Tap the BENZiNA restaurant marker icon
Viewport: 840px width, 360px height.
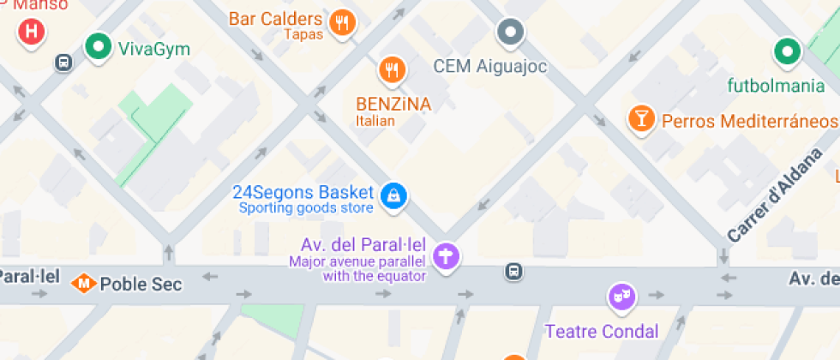pyautogui.click(x=392, y=69)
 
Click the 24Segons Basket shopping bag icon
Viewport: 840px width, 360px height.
pyautogui.click(x=393, y=195)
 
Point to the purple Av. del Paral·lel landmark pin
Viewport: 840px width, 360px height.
pyautogui.click(x=446, y=255)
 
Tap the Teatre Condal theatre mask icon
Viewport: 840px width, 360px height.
pyautogui.click(x=620, y=297)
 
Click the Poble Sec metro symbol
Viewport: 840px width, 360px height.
pyautogui.click(x=84, y=282)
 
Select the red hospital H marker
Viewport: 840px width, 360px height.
pyautogui.click(x=32, y=32)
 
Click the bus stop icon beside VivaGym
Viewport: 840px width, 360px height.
pyautogui.click(x=63, y=62)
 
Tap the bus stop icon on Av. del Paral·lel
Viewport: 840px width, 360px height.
pyautogui.click(x=513, y=271)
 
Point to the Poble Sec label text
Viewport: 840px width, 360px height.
pyautogui.click(x=141, y=284)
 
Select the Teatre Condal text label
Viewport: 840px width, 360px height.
pyautogui.click(x=602, y=331)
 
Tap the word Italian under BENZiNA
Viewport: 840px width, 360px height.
pyautogui.click(x=375, y=121)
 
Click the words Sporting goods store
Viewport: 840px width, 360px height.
pyautogui.click(x=306, y=207)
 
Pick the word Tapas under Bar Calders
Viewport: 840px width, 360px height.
pyautogui.click(x=303, y=34)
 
